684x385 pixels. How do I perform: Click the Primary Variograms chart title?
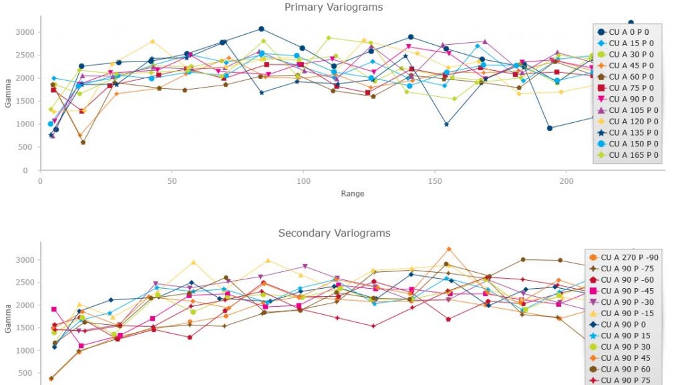click(x=334, y=7)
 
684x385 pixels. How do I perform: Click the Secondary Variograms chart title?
click(x=334, y=233)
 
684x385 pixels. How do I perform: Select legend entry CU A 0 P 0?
click(x=628, y=32)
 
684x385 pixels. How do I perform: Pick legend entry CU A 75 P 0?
click(x=628, y=88)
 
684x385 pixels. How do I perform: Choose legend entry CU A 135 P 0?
click(x=628, y=132)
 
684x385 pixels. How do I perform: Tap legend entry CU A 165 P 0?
click(x=628, y=155)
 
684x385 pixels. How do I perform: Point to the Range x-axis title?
click(x=351, y=194)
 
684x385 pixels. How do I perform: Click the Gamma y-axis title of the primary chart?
click(x=8, y=94)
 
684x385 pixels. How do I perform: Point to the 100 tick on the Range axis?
click(x=303, y=181)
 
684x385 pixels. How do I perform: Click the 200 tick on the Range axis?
click(x=566, y=181)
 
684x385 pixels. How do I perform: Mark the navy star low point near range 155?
click(x=446, y=124)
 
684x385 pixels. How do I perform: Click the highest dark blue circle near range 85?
click(x=261, y=29)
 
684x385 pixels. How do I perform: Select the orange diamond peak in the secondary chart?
click(x=449, y=249)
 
